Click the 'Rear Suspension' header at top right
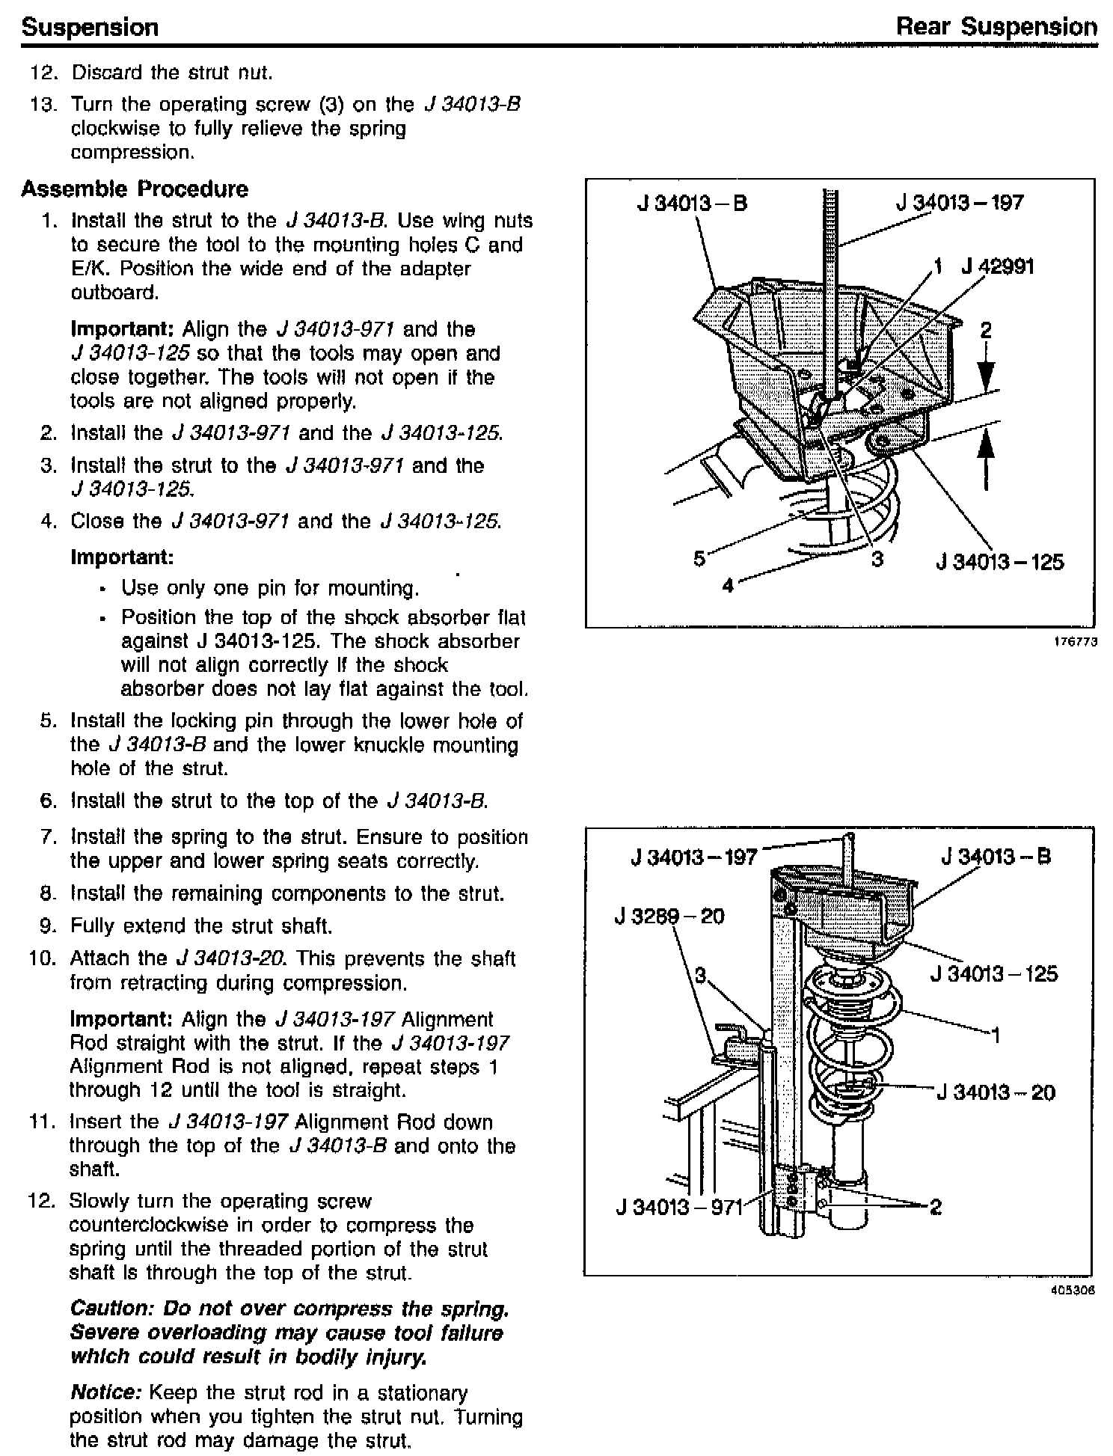coord(996,28)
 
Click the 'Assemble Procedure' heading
coord(135,189)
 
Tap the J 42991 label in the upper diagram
coord(998,267)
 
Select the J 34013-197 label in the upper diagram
coord(960,203)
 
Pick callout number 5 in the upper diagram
coord(699,558)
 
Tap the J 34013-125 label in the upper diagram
coord(999,561)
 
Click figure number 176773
coord(1078,642)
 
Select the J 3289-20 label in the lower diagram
coord(669,917)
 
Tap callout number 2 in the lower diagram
coord(935,1206)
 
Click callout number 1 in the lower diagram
coord(996,1036)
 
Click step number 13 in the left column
coord(43,104)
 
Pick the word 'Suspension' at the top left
coord(90,28)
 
